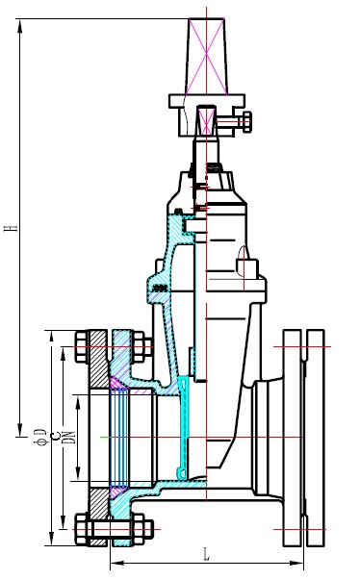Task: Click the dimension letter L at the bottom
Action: [x=206, y=555]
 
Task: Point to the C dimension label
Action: [x=55, y=437]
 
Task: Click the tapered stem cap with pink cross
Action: [x=207, y=53]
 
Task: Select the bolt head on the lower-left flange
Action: [x=82, y=527]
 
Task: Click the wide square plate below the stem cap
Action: [x=207, y=99]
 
